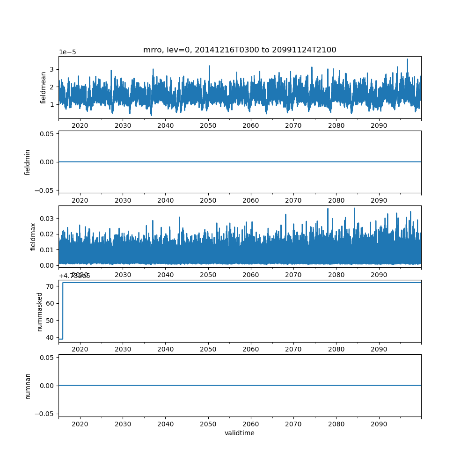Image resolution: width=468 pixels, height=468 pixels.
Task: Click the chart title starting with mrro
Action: (x=240, y=50)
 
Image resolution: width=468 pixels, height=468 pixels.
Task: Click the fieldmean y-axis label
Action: (x=44, y=88)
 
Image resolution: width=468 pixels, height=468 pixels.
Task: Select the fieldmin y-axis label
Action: (x=28, y=162)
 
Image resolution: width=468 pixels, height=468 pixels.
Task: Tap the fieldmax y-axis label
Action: (x=33, y=236)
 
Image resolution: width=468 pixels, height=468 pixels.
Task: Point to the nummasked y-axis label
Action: (x=40, y=311)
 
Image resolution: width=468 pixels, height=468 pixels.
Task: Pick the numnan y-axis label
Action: (x=28, y=386)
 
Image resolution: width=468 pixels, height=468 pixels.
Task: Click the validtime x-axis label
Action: (x=240, y=433)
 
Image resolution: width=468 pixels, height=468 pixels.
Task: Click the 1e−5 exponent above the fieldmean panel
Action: (x=67, y=52)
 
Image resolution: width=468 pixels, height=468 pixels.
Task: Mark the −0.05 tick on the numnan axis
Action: (x=44, y=414)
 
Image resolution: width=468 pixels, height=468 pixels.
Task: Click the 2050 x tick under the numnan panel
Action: (x=208, y=424)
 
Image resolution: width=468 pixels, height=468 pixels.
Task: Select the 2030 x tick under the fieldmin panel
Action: (x=123, y=200)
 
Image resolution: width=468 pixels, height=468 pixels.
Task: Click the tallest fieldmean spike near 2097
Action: (x=407, y=59)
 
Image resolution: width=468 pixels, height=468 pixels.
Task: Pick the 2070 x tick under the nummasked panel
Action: (x=293, y=349)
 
